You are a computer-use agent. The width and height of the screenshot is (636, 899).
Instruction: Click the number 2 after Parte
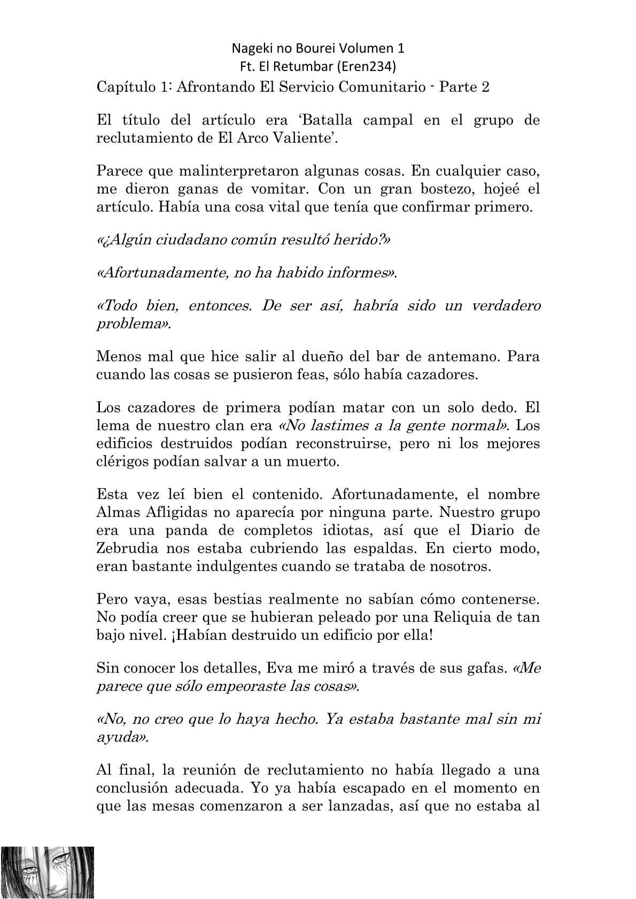coord(485,87)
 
